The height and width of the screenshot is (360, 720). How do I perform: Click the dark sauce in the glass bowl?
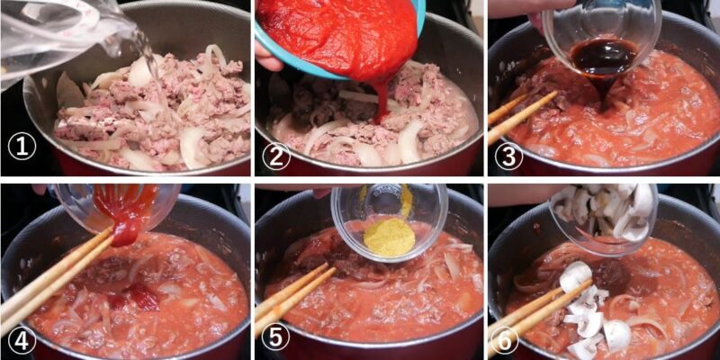click(603, 56)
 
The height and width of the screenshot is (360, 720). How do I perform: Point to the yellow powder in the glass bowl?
click(389, 237)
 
